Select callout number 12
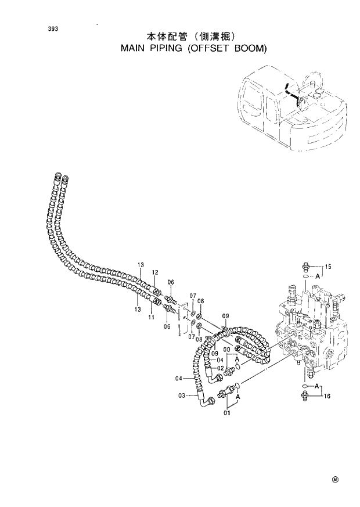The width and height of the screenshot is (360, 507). pos(154,272)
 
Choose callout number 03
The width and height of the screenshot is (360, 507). pos(181,395)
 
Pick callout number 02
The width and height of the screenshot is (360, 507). pos(221,368)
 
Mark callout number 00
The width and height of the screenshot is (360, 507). pos(227,349)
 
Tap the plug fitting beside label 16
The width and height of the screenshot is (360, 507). pos(305,396)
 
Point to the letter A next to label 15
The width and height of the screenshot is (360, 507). pos(318,277)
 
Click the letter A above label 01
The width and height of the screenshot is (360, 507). pos(238,397)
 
